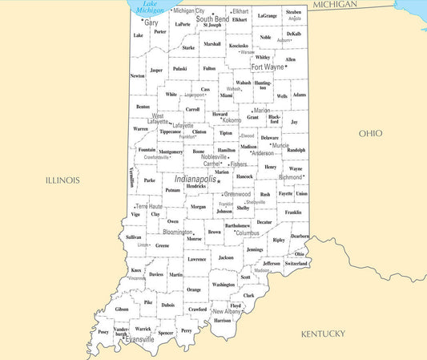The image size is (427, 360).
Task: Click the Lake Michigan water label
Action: point(150,7)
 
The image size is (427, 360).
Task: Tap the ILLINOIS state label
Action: point(62,180)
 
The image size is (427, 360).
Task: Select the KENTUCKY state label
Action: point(323,334)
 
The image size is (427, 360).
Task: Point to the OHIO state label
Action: point(370,133)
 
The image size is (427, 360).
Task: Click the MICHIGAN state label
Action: point(335,5)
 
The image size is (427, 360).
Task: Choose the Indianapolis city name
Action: point(195,179)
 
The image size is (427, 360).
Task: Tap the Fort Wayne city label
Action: point(268,67)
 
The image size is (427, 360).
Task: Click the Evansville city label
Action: point(141,340)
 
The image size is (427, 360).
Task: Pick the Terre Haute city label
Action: point(148,206)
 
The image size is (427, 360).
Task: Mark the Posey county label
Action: point(103,332)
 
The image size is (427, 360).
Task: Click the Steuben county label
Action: point(294,13)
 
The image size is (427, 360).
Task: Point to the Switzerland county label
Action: point(296,263)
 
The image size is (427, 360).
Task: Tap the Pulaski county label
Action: point(179,69)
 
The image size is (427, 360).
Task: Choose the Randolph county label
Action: point(296,150)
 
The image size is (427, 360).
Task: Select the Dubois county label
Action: point(167,305)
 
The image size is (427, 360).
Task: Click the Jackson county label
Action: point(226,257)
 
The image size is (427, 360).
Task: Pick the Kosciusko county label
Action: point(238,46)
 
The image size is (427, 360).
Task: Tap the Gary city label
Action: point(151,23)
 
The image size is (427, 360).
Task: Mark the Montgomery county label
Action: point(171,152)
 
